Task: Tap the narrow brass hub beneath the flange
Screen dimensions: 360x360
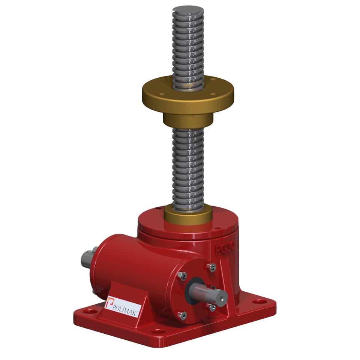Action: (187, 120)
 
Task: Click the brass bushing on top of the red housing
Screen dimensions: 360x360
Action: (188, 215)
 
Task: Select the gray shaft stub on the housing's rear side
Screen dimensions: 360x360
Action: (87, 259)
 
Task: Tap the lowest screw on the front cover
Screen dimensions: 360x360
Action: (183, 316)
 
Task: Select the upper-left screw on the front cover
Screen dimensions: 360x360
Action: (181, 276)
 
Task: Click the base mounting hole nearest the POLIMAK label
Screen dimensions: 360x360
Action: (90, 311)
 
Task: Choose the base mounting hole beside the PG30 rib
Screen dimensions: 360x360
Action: (257, 301)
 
